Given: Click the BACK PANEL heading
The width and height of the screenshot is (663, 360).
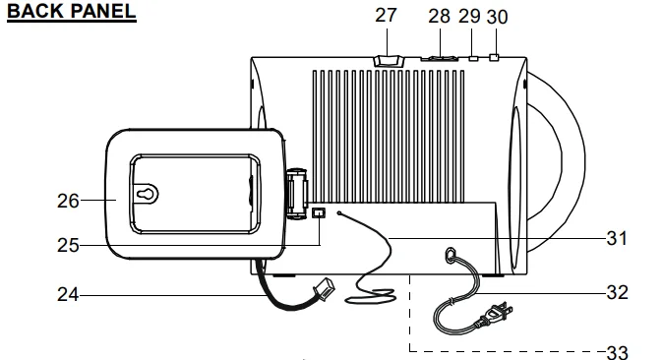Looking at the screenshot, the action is [72, 11].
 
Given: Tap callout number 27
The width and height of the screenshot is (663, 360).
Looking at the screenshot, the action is [386, 16].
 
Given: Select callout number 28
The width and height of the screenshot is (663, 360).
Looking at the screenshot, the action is [440, 17].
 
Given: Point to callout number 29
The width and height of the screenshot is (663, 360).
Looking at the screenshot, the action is [469, 17].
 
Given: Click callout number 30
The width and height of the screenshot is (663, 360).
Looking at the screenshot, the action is [498, 18].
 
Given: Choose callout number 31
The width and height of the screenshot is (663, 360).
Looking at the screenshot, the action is [617, 239].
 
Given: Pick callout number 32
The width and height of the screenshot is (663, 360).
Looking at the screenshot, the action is [618, 293].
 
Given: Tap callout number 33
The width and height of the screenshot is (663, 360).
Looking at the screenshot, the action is [618, 352].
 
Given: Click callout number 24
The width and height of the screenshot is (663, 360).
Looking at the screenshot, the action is [68, 295].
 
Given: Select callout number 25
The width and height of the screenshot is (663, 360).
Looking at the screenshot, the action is [68, 246].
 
